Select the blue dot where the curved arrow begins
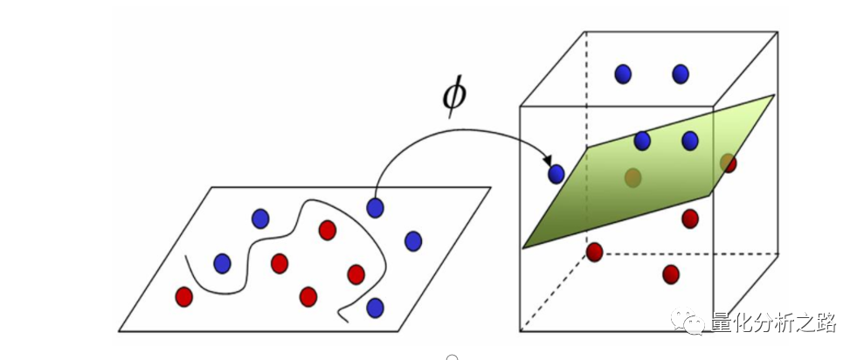click(375, 208)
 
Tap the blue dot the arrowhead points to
click(556, 174)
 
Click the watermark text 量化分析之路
click(774, 322)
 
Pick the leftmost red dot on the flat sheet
click(183, 297)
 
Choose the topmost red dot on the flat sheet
click(328, 230)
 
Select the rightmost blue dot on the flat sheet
click(413, 241)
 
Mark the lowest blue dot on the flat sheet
click(375, 308)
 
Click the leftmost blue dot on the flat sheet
click(222, 262)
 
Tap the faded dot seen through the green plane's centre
click(633, 178)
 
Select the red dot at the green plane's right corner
click(728, 163)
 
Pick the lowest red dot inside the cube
click(671, 274)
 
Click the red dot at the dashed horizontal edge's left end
click(594, 253)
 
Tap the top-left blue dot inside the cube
click(622, 73)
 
